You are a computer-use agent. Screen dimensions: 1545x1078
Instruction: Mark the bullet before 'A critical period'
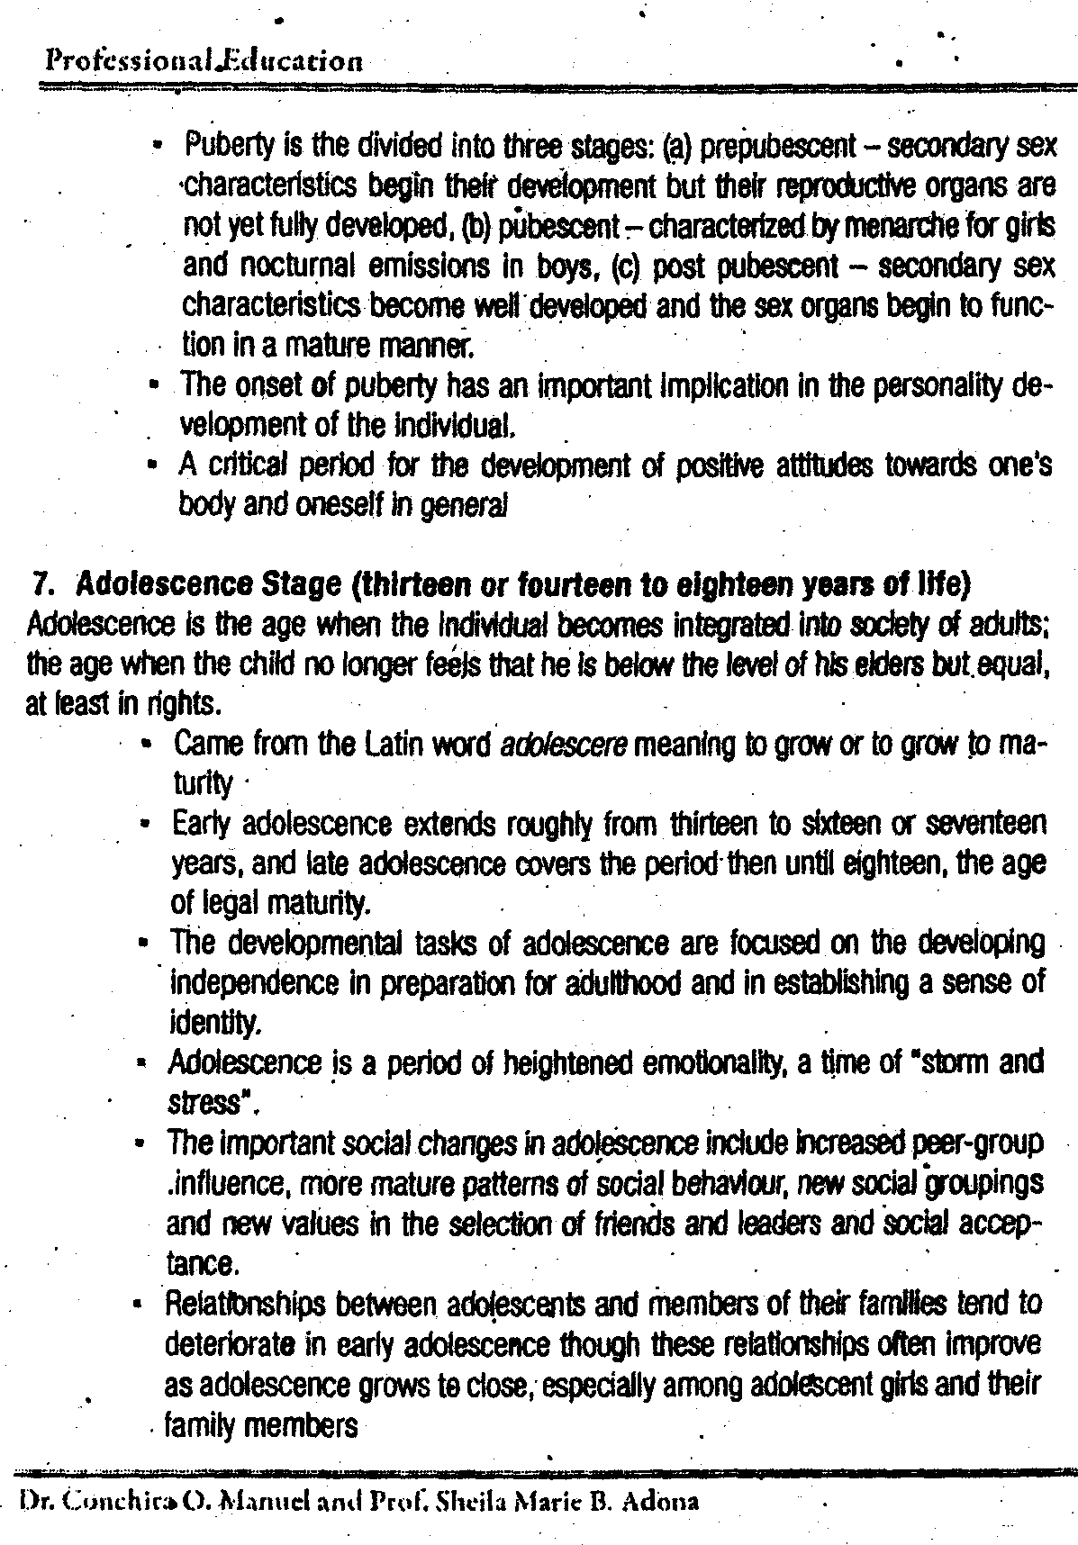(155, 466)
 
